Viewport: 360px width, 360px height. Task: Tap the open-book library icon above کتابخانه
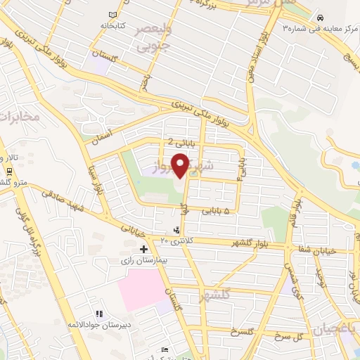click(113, 15)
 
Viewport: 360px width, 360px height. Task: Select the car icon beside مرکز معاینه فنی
click(320, 18)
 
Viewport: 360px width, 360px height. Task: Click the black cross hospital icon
click(143, 249)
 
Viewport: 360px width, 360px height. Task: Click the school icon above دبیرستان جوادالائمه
click(99, 313)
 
